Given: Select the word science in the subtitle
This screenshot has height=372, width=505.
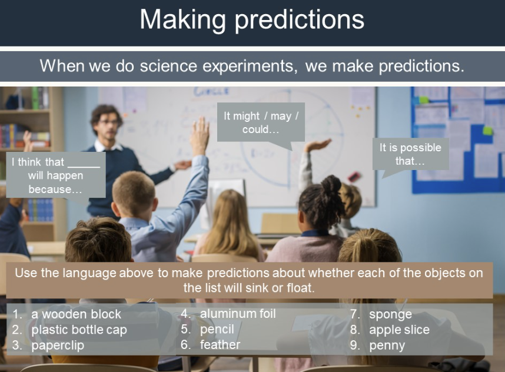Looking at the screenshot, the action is pyautogui.click(x=168, y=66).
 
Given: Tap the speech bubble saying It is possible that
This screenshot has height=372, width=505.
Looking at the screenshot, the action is pyautogui.click(x=410, y=155).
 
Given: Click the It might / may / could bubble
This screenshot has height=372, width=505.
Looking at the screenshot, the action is pyautogui.click(x=261, y=122).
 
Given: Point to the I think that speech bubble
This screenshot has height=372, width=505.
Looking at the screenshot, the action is pyautogui.click(x=56, y=175).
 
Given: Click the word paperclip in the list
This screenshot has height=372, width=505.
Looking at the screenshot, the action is pyautogui.click(x=58, y=346).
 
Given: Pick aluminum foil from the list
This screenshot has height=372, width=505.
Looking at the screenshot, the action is pyautogui.click(x=238, y=314).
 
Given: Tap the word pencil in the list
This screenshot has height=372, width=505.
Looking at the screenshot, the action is pyautogui.click(x=217, y=329).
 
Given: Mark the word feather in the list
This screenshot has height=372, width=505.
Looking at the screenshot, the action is pyautogui.click(x=220, y=344).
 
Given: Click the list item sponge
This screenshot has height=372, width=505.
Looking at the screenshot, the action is pyautogui.click(x=390, y=314).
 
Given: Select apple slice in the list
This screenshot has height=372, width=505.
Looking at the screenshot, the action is pyautogui.click(x=399, y=330).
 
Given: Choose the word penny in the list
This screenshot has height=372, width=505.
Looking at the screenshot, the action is pyautogui.click(x=387, y=346).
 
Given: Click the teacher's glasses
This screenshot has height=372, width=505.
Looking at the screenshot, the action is pyautogui.click(x=108, y=122).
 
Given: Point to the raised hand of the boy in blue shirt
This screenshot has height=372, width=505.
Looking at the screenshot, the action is pyautogui.click(x=200, y=136).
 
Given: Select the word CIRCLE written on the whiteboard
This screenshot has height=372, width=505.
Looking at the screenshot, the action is pyautogui.click(x=211, y=91).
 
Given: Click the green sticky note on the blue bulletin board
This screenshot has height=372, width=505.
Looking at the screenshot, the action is pyautogui.click(x=487, y=131).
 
